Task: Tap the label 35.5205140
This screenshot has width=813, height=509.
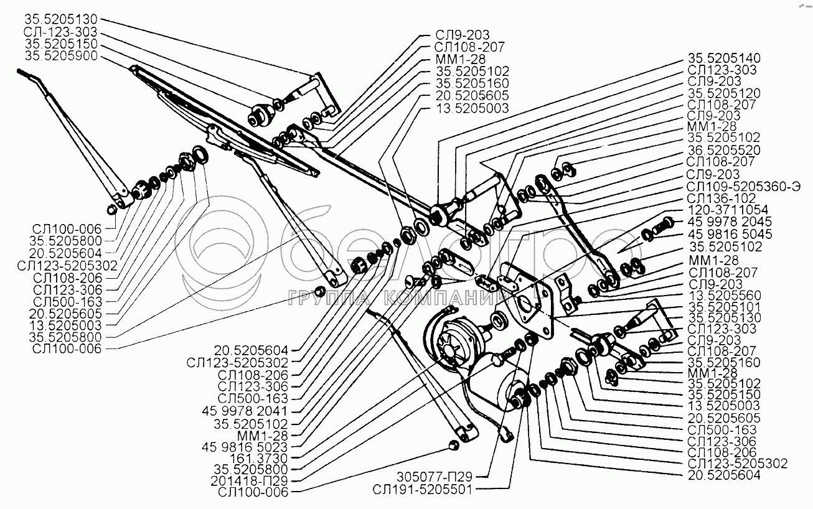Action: click(x=723, y=57)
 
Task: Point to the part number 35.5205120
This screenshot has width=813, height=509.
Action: click(x=723, y=93)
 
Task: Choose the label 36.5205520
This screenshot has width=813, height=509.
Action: click(x=723, y=151)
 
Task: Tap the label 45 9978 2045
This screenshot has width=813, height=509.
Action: click(x=730, y=222)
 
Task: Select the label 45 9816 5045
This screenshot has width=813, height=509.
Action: click(x=730, y=234)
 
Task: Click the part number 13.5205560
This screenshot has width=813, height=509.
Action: click(x=723, y=294)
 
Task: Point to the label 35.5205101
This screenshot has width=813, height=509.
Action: click(x=723, y=306)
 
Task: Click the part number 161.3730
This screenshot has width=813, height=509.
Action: click(x=262, y=457)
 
